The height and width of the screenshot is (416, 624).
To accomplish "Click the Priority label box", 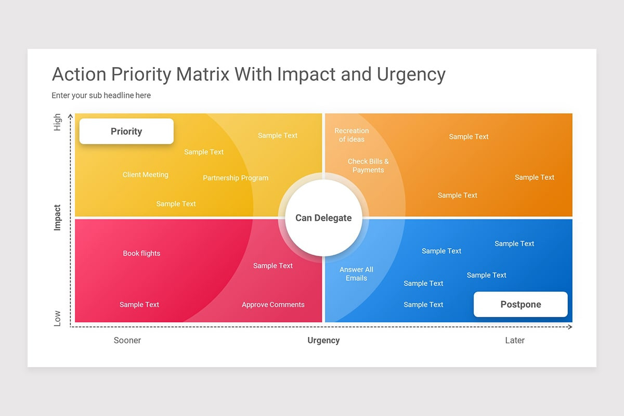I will [x=126, y=131].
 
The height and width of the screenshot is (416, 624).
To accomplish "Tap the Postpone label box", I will [x=521, y=304].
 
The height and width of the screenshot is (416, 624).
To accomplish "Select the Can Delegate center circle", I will [x=323, y=218].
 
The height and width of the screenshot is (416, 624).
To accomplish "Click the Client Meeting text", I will [x=146, y=175].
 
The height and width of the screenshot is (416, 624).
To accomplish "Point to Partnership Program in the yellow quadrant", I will [x=236, y=178].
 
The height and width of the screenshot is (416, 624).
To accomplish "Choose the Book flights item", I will [x=141, y=253].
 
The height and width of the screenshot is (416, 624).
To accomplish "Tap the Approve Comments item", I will [x=273, y=305].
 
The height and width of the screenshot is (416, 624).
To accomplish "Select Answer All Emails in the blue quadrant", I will [x=356, y=274].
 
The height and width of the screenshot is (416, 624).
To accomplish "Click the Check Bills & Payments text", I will [x=368, y=165].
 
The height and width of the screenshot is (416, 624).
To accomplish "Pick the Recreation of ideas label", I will [x=352, y=135].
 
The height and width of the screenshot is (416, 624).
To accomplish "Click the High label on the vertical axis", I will [x=57, y=122].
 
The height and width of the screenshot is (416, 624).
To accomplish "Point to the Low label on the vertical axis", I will [x=57, y=318].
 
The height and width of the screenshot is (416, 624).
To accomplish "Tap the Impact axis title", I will [x=57, y=217].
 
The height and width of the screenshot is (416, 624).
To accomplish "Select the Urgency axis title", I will [x=323, y=340].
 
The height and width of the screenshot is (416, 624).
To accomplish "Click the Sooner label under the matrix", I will [x=127, y=340].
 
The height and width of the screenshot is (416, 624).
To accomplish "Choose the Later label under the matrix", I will [x=515, y=340].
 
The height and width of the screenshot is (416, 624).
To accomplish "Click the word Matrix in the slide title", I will [x=203, y=74].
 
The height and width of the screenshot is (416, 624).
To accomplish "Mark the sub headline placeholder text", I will [x=101, y=95].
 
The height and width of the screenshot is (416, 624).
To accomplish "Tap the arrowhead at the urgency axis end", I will [x=570, y=327].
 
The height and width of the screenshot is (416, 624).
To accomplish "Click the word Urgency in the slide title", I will [x=411, y=74].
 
